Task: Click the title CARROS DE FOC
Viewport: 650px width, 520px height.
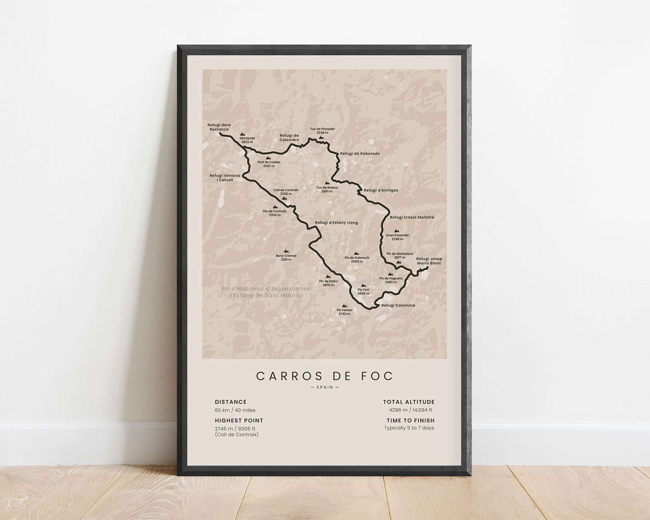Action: click(x=324, y=376)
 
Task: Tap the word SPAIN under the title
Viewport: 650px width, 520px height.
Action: click(x=324, y=387)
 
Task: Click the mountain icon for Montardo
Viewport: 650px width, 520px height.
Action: click(x=242, y=134)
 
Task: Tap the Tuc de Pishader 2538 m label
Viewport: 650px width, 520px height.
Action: click(x=322, y=131)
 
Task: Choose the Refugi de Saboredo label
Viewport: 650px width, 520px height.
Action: click(x=359, y=153)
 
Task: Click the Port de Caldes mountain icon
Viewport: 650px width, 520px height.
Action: click(x=269, y=158)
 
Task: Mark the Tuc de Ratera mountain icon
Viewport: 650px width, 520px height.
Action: click(x=327, y=184)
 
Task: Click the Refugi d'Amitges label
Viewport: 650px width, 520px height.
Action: click(x=381, y=190)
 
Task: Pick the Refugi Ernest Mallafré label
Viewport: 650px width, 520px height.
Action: click(x=412, y=217)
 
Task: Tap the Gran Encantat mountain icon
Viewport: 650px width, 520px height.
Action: click(x=397, y=231)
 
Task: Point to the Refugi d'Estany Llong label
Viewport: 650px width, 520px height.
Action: click(x=336, y=222)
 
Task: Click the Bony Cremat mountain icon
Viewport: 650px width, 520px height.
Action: click(x=286, y=251)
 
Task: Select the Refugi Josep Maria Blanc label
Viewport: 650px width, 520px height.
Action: click(x=429, y=261)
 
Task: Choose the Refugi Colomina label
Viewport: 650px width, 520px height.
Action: click(x=398, y=305)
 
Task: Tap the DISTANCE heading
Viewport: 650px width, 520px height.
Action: click(x=230, y=402)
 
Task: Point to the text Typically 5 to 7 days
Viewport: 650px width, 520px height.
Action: click(x=409, y=428)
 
